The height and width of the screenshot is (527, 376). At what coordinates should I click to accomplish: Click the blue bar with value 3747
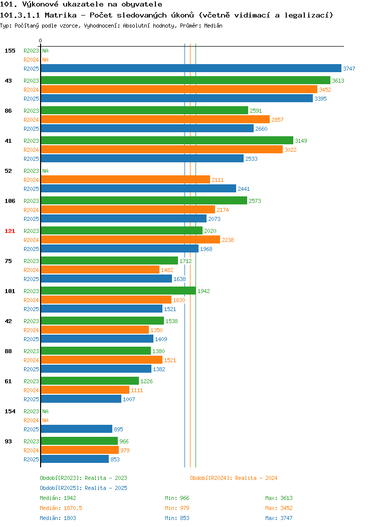[191, 68]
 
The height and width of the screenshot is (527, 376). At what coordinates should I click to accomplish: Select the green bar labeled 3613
[185, 80]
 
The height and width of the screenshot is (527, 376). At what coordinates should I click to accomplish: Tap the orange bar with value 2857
[155, 119]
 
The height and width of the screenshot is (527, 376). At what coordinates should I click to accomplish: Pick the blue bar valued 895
[77, 429]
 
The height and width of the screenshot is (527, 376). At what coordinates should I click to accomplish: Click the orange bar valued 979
[80, 450]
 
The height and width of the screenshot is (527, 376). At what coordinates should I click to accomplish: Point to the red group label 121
[10, 231]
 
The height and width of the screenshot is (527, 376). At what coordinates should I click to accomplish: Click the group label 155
[10, 51]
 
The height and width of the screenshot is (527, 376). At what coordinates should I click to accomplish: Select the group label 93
[8, 441]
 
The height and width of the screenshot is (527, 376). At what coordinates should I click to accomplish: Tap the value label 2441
[244, 189]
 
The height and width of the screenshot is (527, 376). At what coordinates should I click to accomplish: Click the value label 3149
[301, 141]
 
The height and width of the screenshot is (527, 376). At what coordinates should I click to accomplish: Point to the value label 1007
[129, 399]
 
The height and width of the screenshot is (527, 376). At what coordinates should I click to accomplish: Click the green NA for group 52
[46, 171]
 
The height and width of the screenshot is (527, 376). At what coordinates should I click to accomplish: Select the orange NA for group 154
[46, 420]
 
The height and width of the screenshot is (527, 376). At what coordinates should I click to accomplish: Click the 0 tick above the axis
[41, 41]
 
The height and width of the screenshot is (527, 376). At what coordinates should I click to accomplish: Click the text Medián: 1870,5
[61, 508]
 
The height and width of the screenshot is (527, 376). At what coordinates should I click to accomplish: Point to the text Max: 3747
[279, 518]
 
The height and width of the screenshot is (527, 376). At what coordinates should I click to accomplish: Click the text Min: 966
[177, 498]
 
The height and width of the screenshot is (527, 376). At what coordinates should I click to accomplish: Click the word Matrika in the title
[61, 15]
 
